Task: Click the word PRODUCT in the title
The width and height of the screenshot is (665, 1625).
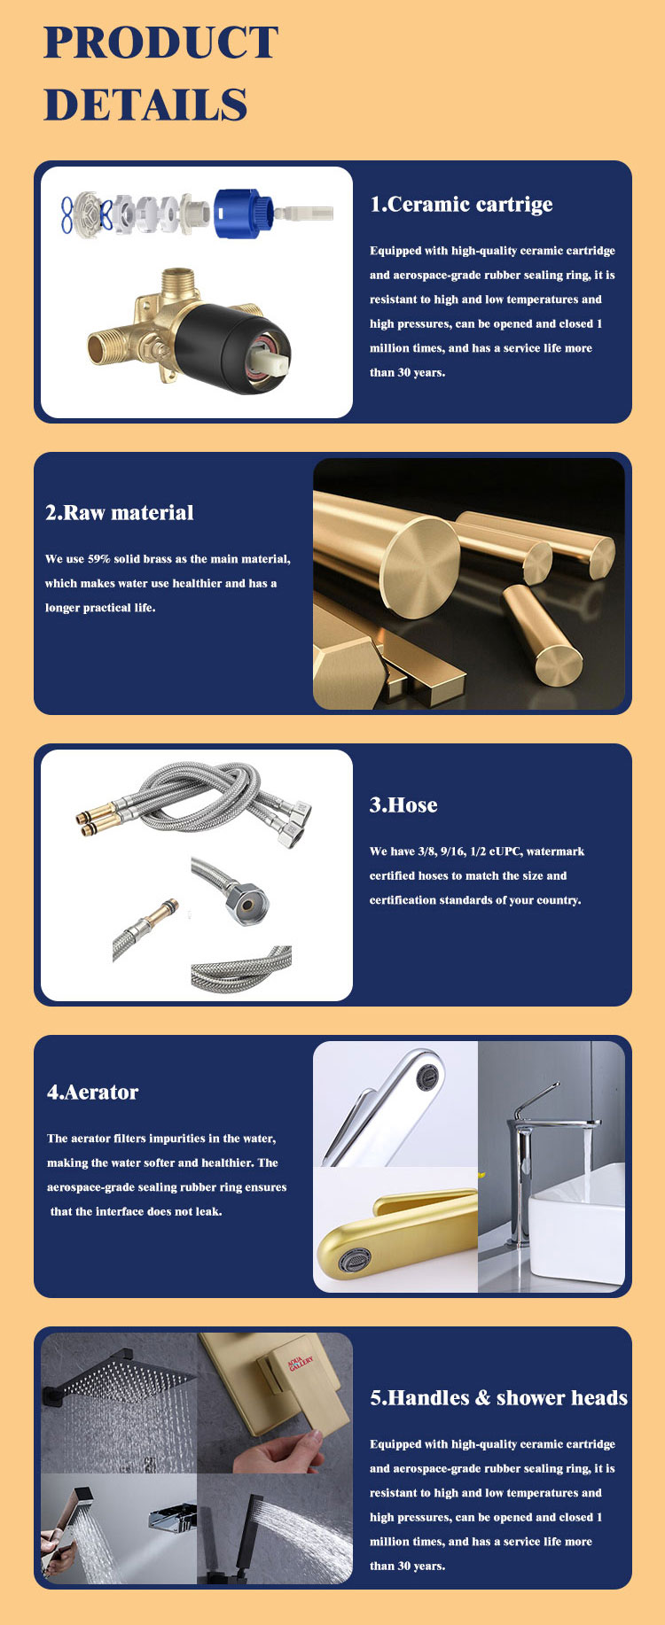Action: click(x=160, y=43)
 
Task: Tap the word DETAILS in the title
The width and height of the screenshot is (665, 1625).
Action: click(x=145, y=105)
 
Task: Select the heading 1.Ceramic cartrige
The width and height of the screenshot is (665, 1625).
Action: click(x=461, y=205)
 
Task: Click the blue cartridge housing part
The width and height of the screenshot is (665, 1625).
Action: click(x=243, y=213)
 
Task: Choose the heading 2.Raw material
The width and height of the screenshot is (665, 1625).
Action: click(x=120, y=513)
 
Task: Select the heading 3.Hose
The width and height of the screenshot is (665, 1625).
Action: click(x=403, y=805)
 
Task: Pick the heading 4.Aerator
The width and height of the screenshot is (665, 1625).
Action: click(x=93, y=1092)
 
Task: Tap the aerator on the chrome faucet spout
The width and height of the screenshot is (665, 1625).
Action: click(x=429, y=1076)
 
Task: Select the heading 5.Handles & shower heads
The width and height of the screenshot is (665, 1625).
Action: click(x=498, y=1398)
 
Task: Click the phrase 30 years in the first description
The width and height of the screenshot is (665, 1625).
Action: click(x=422, y=372)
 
